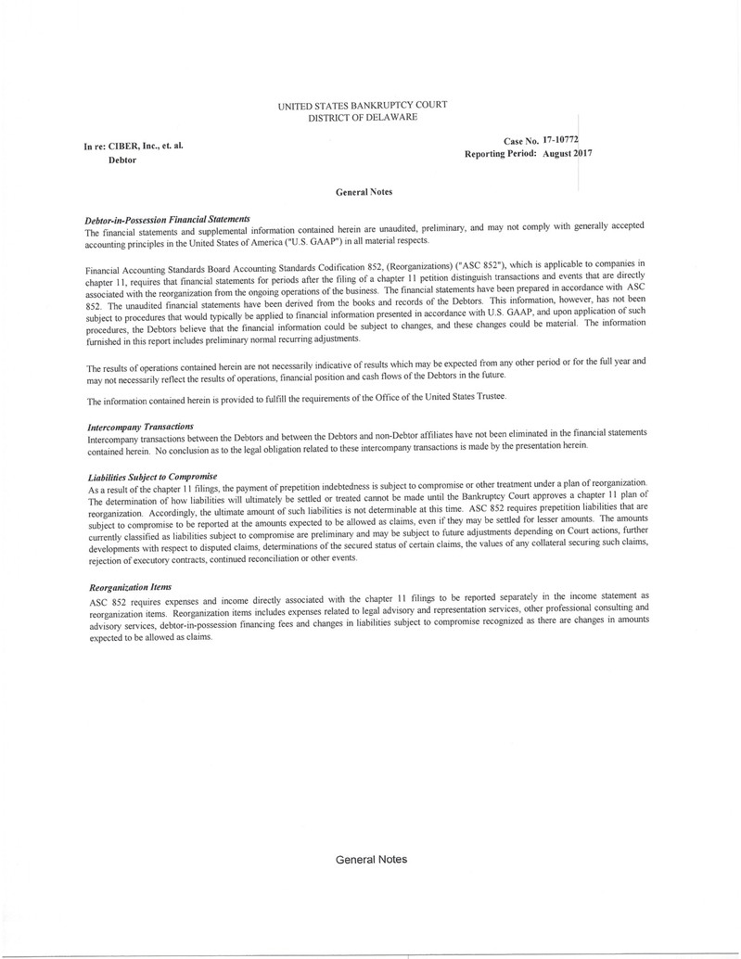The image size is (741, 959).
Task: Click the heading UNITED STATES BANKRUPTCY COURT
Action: [362, 106]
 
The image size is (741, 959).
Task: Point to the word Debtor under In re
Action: [122, 160]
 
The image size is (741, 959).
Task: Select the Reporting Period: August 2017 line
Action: [528, 152]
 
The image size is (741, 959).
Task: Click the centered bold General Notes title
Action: [363, 191]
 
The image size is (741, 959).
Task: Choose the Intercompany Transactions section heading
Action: [140, 425]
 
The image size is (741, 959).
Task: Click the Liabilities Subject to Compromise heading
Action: [151, 476]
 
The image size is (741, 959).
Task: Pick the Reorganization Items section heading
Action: [129, 587]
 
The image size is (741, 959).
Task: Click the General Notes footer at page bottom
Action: [371, 859]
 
